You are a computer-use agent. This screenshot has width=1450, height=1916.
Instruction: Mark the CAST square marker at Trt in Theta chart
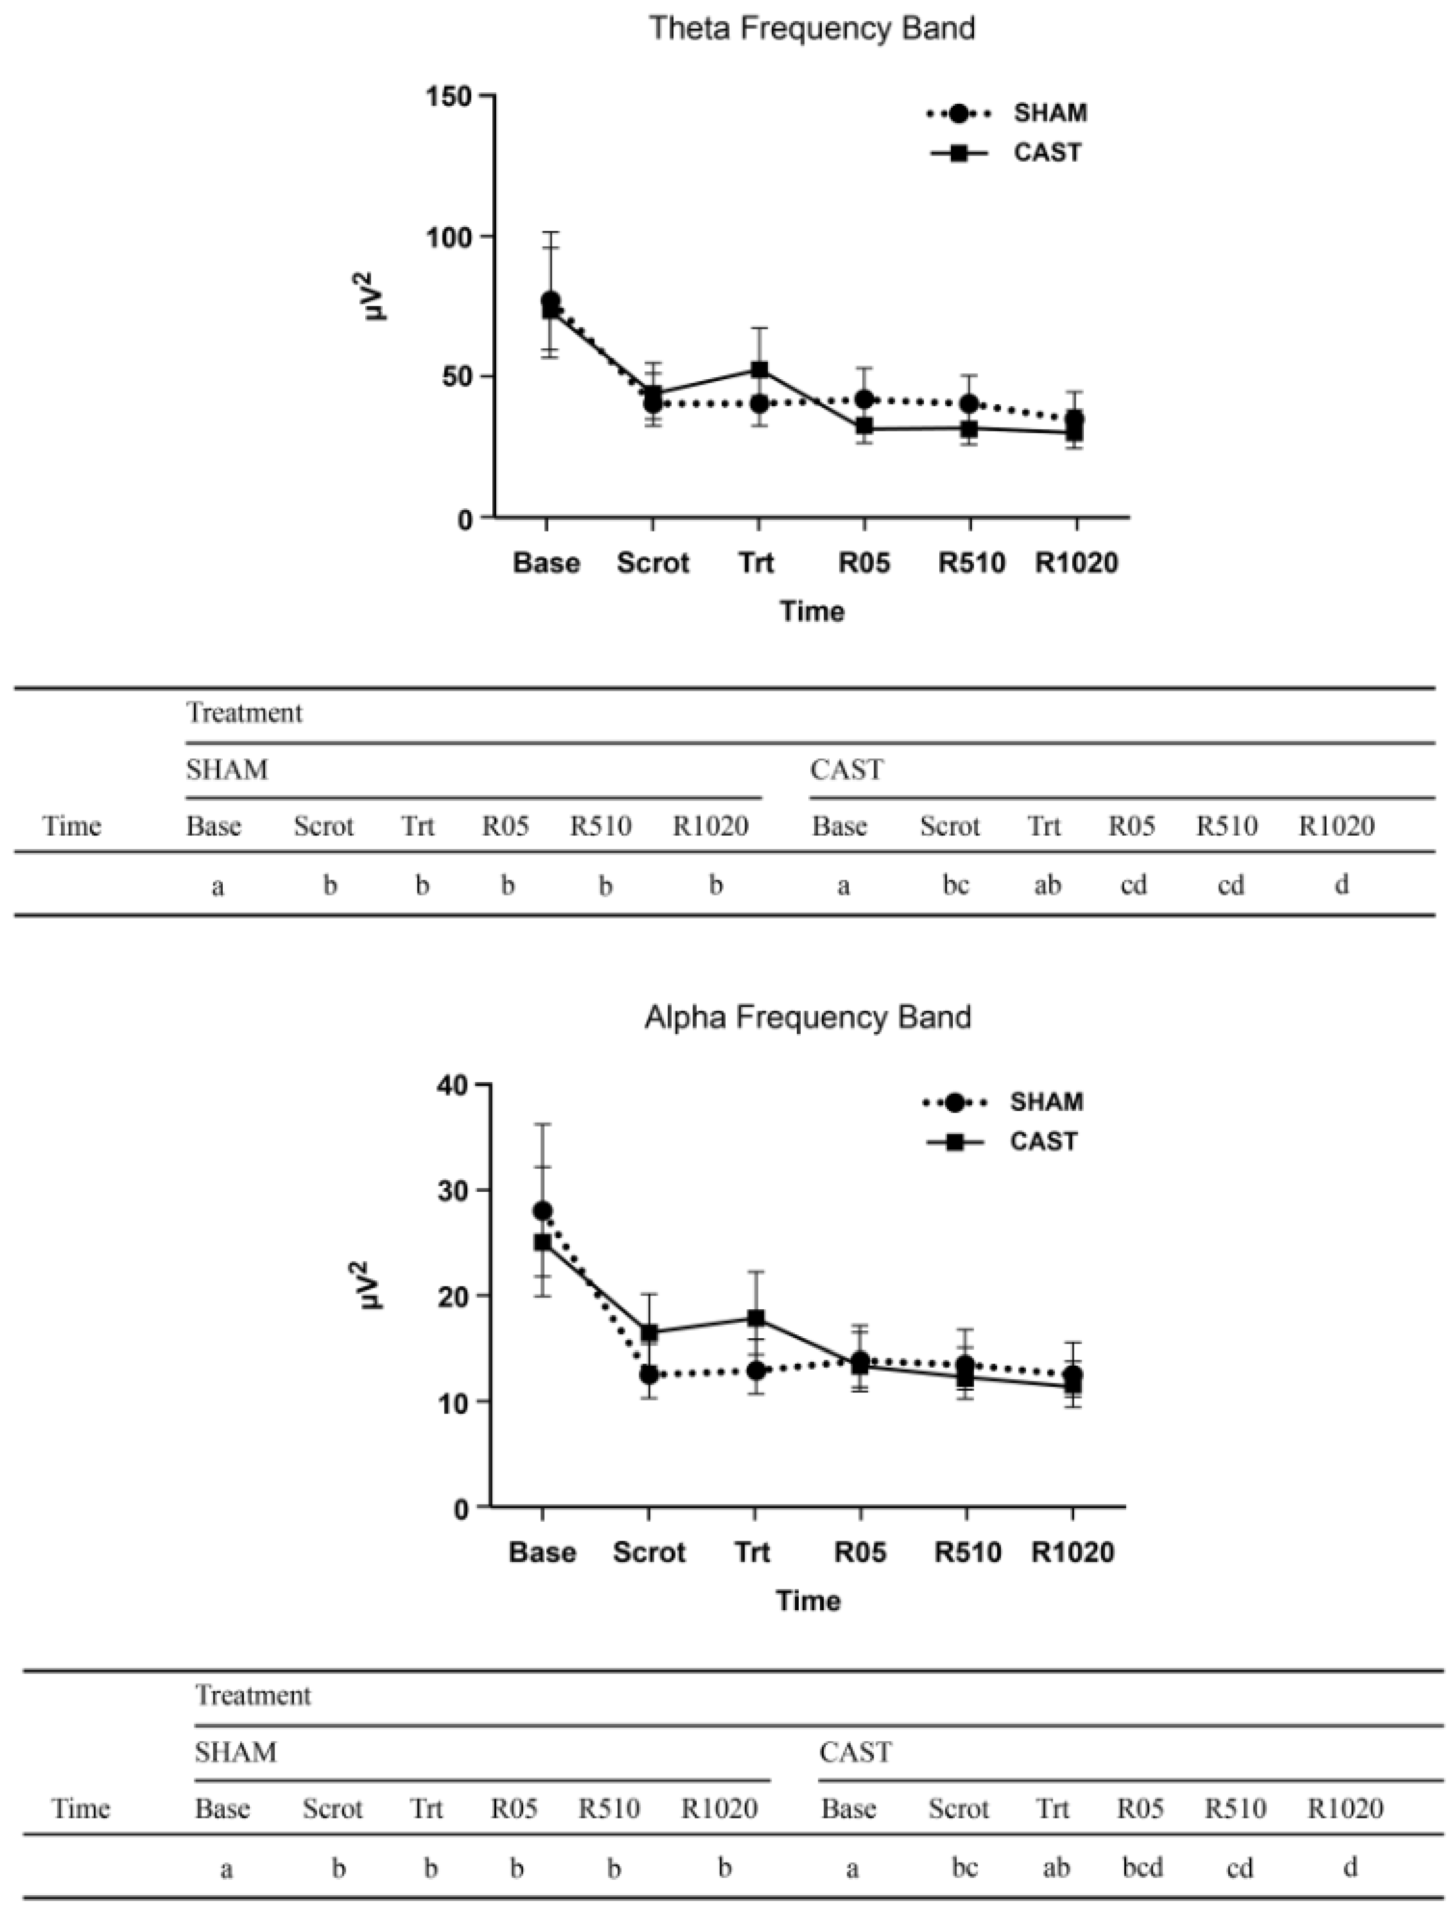click(759, 370)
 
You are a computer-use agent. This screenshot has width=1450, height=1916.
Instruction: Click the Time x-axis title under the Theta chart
click(811, 612)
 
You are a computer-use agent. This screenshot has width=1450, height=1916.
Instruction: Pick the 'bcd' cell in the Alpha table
click(1142, 1868)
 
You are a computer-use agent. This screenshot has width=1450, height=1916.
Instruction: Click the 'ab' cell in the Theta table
click(1047, 885)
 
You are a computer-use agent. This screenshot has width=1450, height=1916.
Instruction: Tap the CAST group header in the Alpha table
click(854, 1752)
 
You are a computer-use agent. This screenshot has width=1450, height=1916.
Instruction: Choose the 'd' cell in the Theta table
click(1341, 885)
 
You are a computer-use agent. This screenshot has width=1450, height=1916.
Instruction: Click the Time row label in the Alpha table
click(81, 1809)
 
